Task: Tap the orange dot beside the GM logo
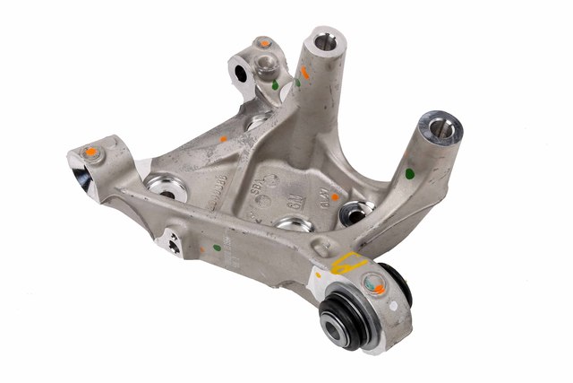pos(334,195)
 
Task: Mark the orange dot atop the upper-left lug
pos(264,42)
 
